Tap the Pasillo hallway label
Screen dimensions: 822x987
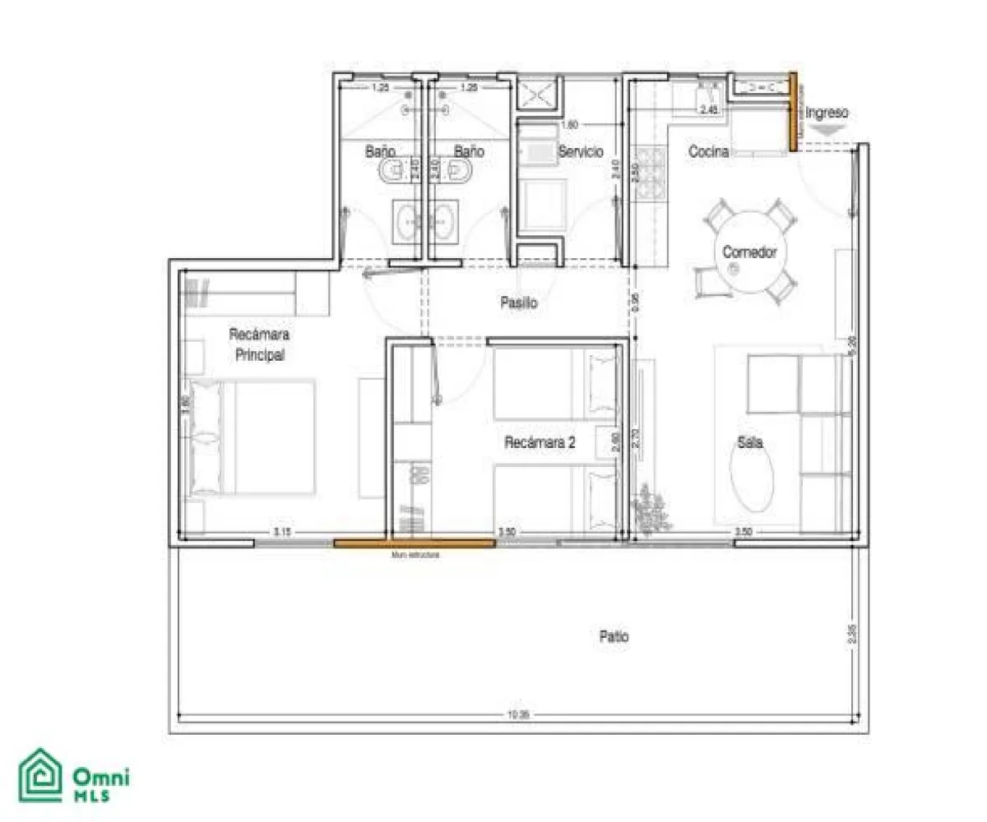pos(519,302)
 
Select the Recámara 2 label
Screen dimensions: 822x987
pos(540,442)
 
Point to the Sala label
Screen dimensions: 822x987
pos(748,442)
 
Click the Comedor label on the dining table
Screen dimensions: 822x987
pos(749,252)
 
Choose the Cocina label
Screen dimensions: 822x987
pos(709,152)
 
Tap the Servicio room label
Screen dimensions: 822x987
pos(581,152)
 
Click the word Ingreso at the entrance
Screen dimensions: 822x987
pos(827,113)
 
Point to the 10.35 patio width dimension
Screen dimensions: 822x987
pos(518,715)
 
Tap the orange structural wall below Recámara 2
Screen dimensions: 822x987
pos(414,542)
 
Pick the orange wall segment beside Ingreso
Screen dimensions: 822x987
pos(794,112)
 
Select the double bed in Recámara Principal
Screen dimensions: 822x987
pos(252,436)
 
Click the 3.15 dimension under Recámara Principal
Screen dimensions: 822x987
pos(281,533)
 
